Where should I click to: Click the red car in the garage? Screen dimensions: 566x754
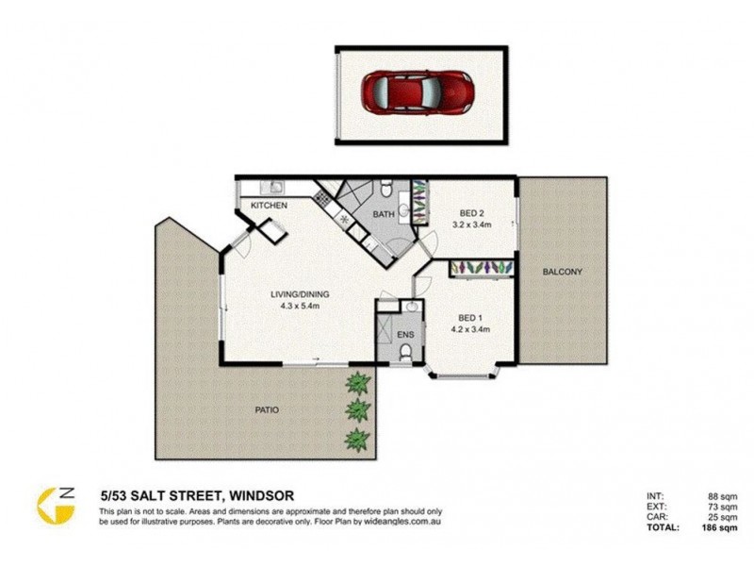tap(418, 92)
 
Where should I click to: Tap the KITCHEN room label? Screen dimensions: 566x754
tap(269, 206)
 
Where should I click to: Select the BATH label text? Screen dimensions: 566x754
tap(384, 215)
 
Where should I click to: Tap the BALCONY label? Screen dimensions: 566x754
tap(562, 273)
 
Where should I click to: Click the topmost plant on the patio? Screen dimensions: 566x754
tap(357, 382)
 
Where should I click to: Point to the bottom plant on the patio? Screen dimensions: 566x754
tap(357, 439)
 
